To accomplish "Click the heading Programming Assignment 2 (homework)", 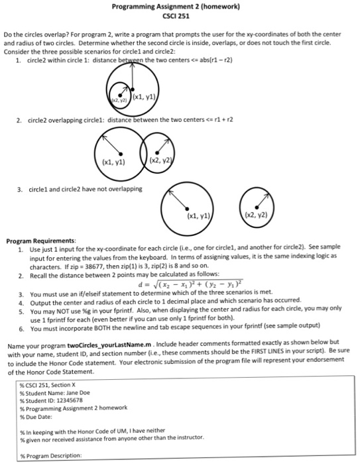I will (x=180, y=7).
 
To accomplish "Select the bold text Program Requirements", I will (x=41, y=240).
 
